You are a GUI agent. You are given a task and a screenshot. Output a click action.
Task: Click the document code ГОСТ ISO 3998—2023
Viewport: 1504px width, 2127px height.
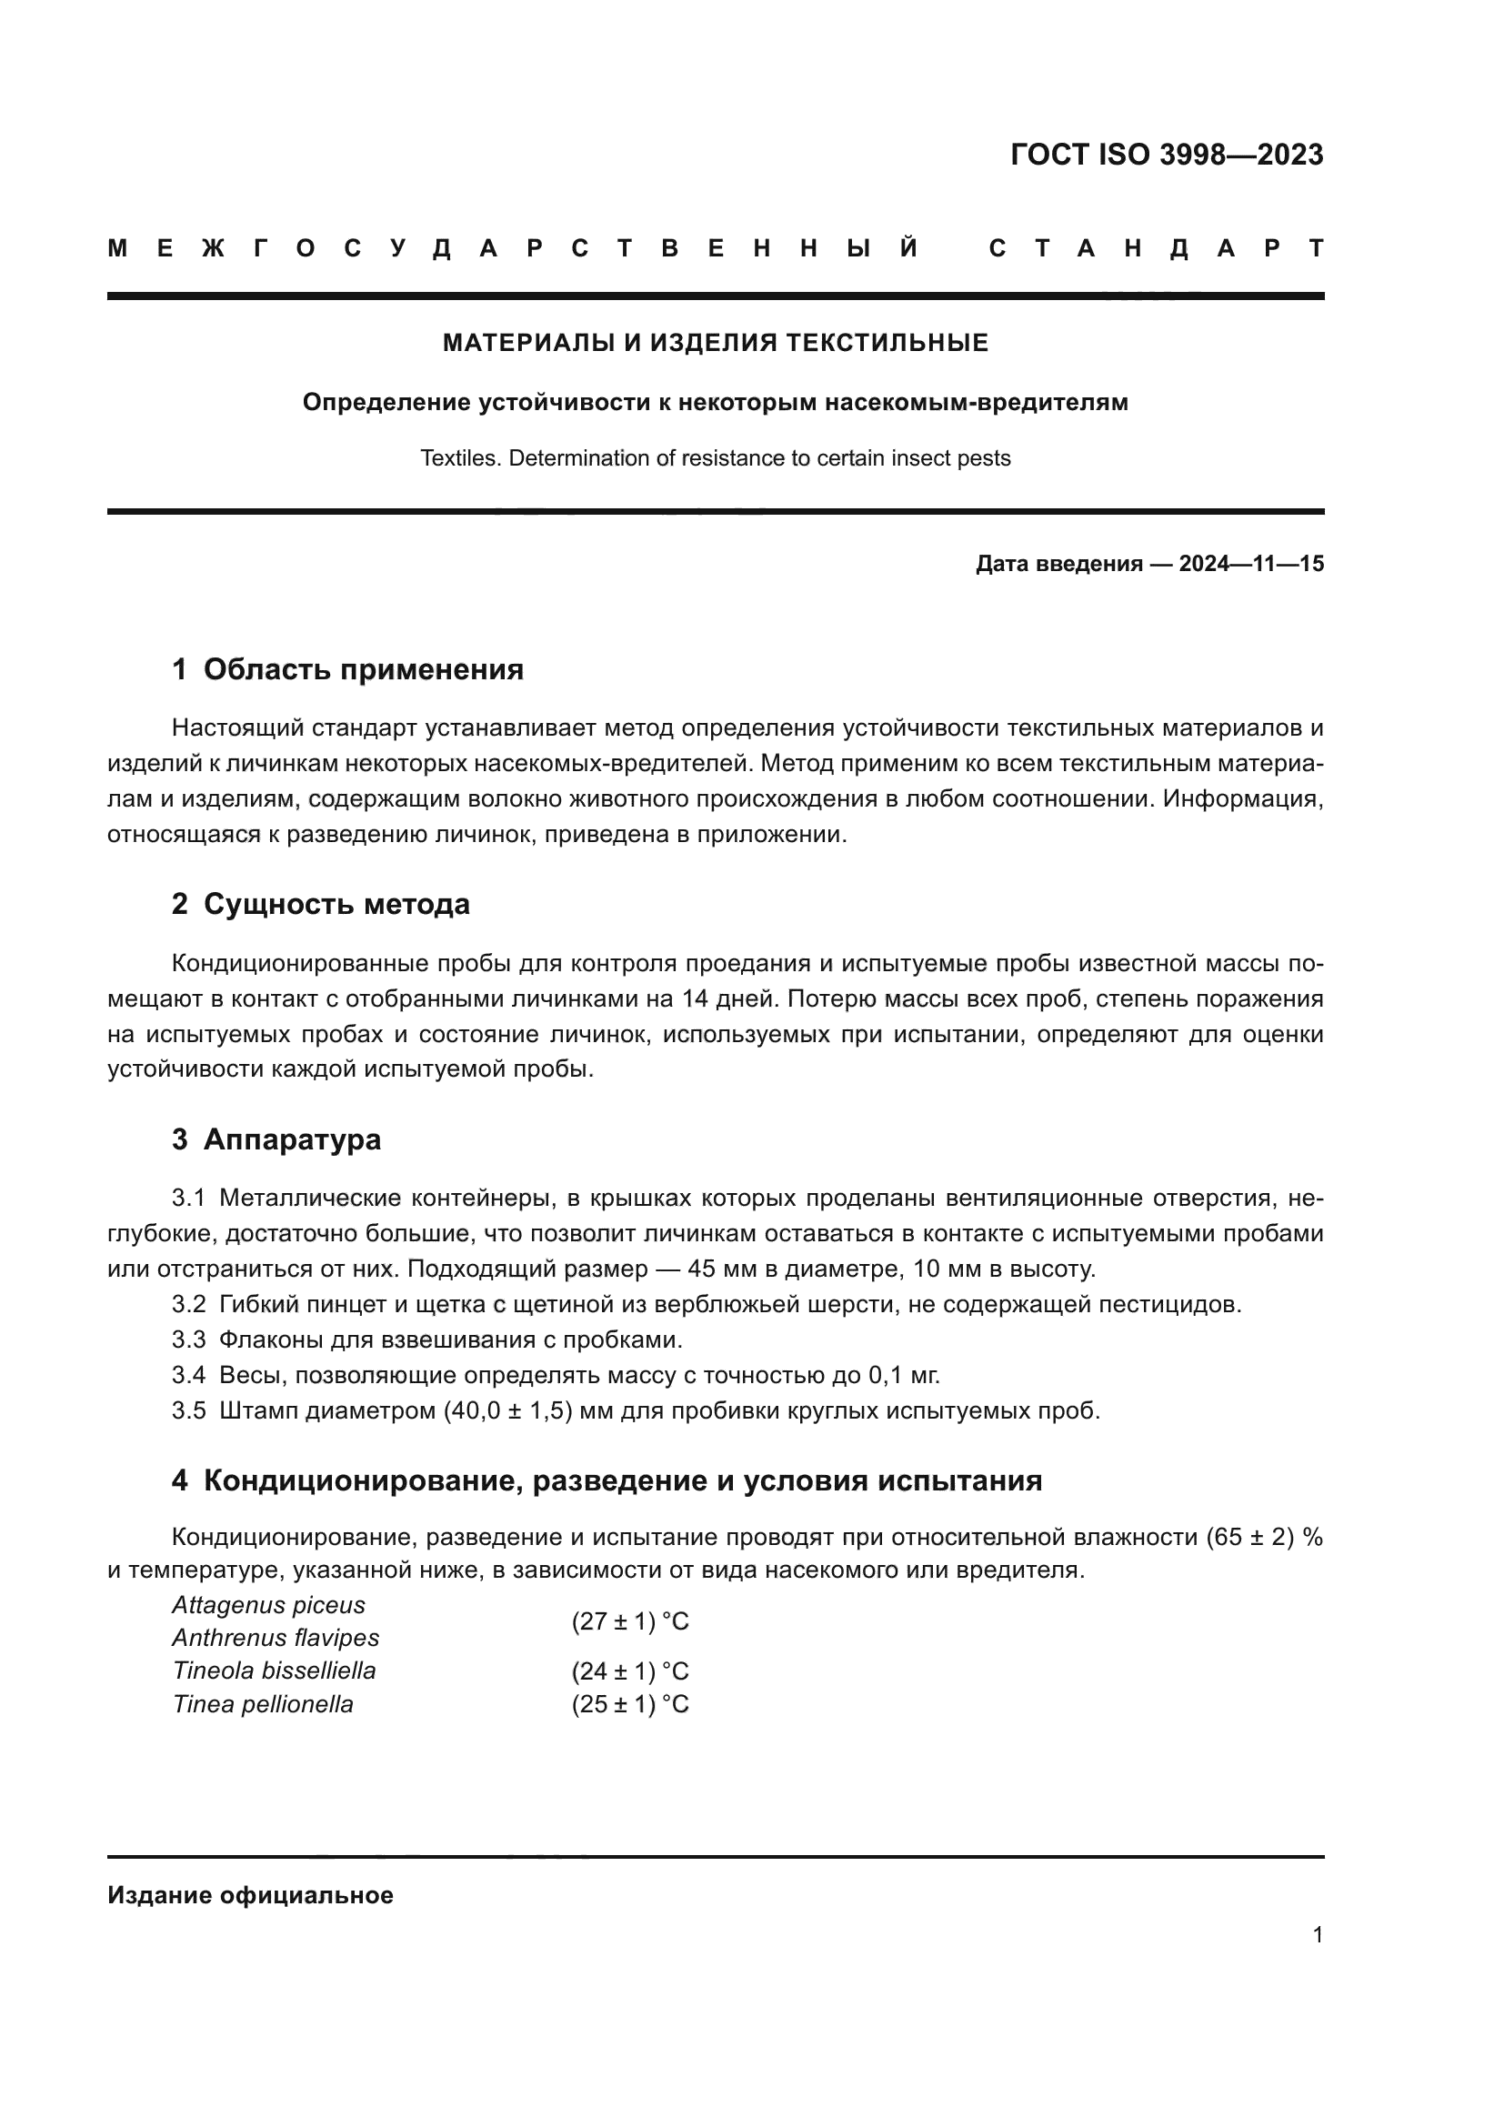[1166, 155]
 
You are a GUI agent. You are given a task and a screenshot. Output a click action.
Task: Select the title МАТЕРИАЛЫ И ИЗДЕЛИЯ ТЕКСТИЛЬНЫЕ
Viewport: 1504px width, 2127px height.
[715, 344]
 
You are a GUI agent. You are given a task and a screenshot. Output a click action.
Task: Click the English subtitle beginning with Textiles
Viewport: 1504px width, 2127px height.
[715, 458]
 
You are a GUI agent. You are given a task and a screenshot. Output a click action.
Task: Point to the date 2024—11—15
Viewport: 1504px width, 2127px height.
[1250, 564]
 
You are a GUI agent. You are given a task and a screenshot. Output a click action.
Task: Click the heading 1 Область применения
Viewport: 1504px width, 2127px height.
[347, 670]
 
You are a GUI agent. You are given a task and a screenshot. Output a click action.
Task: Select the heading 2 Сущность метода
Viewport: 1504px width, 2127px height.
[320, 904]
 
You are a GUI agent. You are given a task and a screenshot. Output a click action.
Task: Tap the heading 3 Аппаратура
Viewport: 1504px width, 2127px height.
[276, 1139]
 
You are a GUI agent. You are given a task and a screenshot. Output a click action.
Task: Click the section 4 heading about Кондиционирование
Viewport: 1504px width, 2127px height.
[607, 1480]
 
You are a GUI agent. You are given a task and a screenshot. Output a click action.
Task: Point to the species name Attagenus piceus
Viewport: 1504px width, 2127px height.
[268, 1605]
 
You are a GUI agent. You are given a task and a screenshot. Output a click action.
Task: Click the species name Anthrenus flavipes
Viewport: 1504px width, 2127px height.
[275, 1638]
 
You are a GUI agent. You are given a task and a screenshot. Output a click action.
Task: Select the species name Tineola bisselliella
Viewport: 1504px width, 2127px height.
[274, 1671]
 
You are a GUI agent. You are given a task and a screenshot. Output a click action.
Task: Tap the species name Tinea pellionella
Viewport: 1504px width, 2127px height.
[263, 1704]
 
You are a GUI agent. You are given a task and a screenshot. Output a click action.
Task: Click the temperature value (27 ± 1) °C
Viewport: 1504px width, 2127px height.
[630, 1622]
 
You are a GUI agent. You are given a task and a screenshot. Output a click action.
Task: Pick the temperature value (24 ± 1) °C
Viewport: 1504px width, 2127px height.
[630, 1672]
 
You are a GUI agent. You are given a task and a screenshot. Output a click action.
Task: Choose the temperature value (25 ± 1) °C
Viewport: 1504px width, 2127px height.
[630, 1704]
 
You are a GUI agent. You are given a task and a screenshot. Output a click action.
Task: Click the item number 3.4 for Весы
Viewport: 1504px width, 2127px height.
[188, 1376]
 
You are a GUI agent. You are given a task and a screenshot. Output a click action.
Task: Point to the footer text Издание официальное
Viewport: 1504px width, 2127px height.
[250, 1895]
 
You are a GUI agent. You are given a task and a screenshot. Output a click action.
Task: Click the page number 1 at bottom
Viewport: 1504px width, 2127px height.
[1317, 1935]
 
